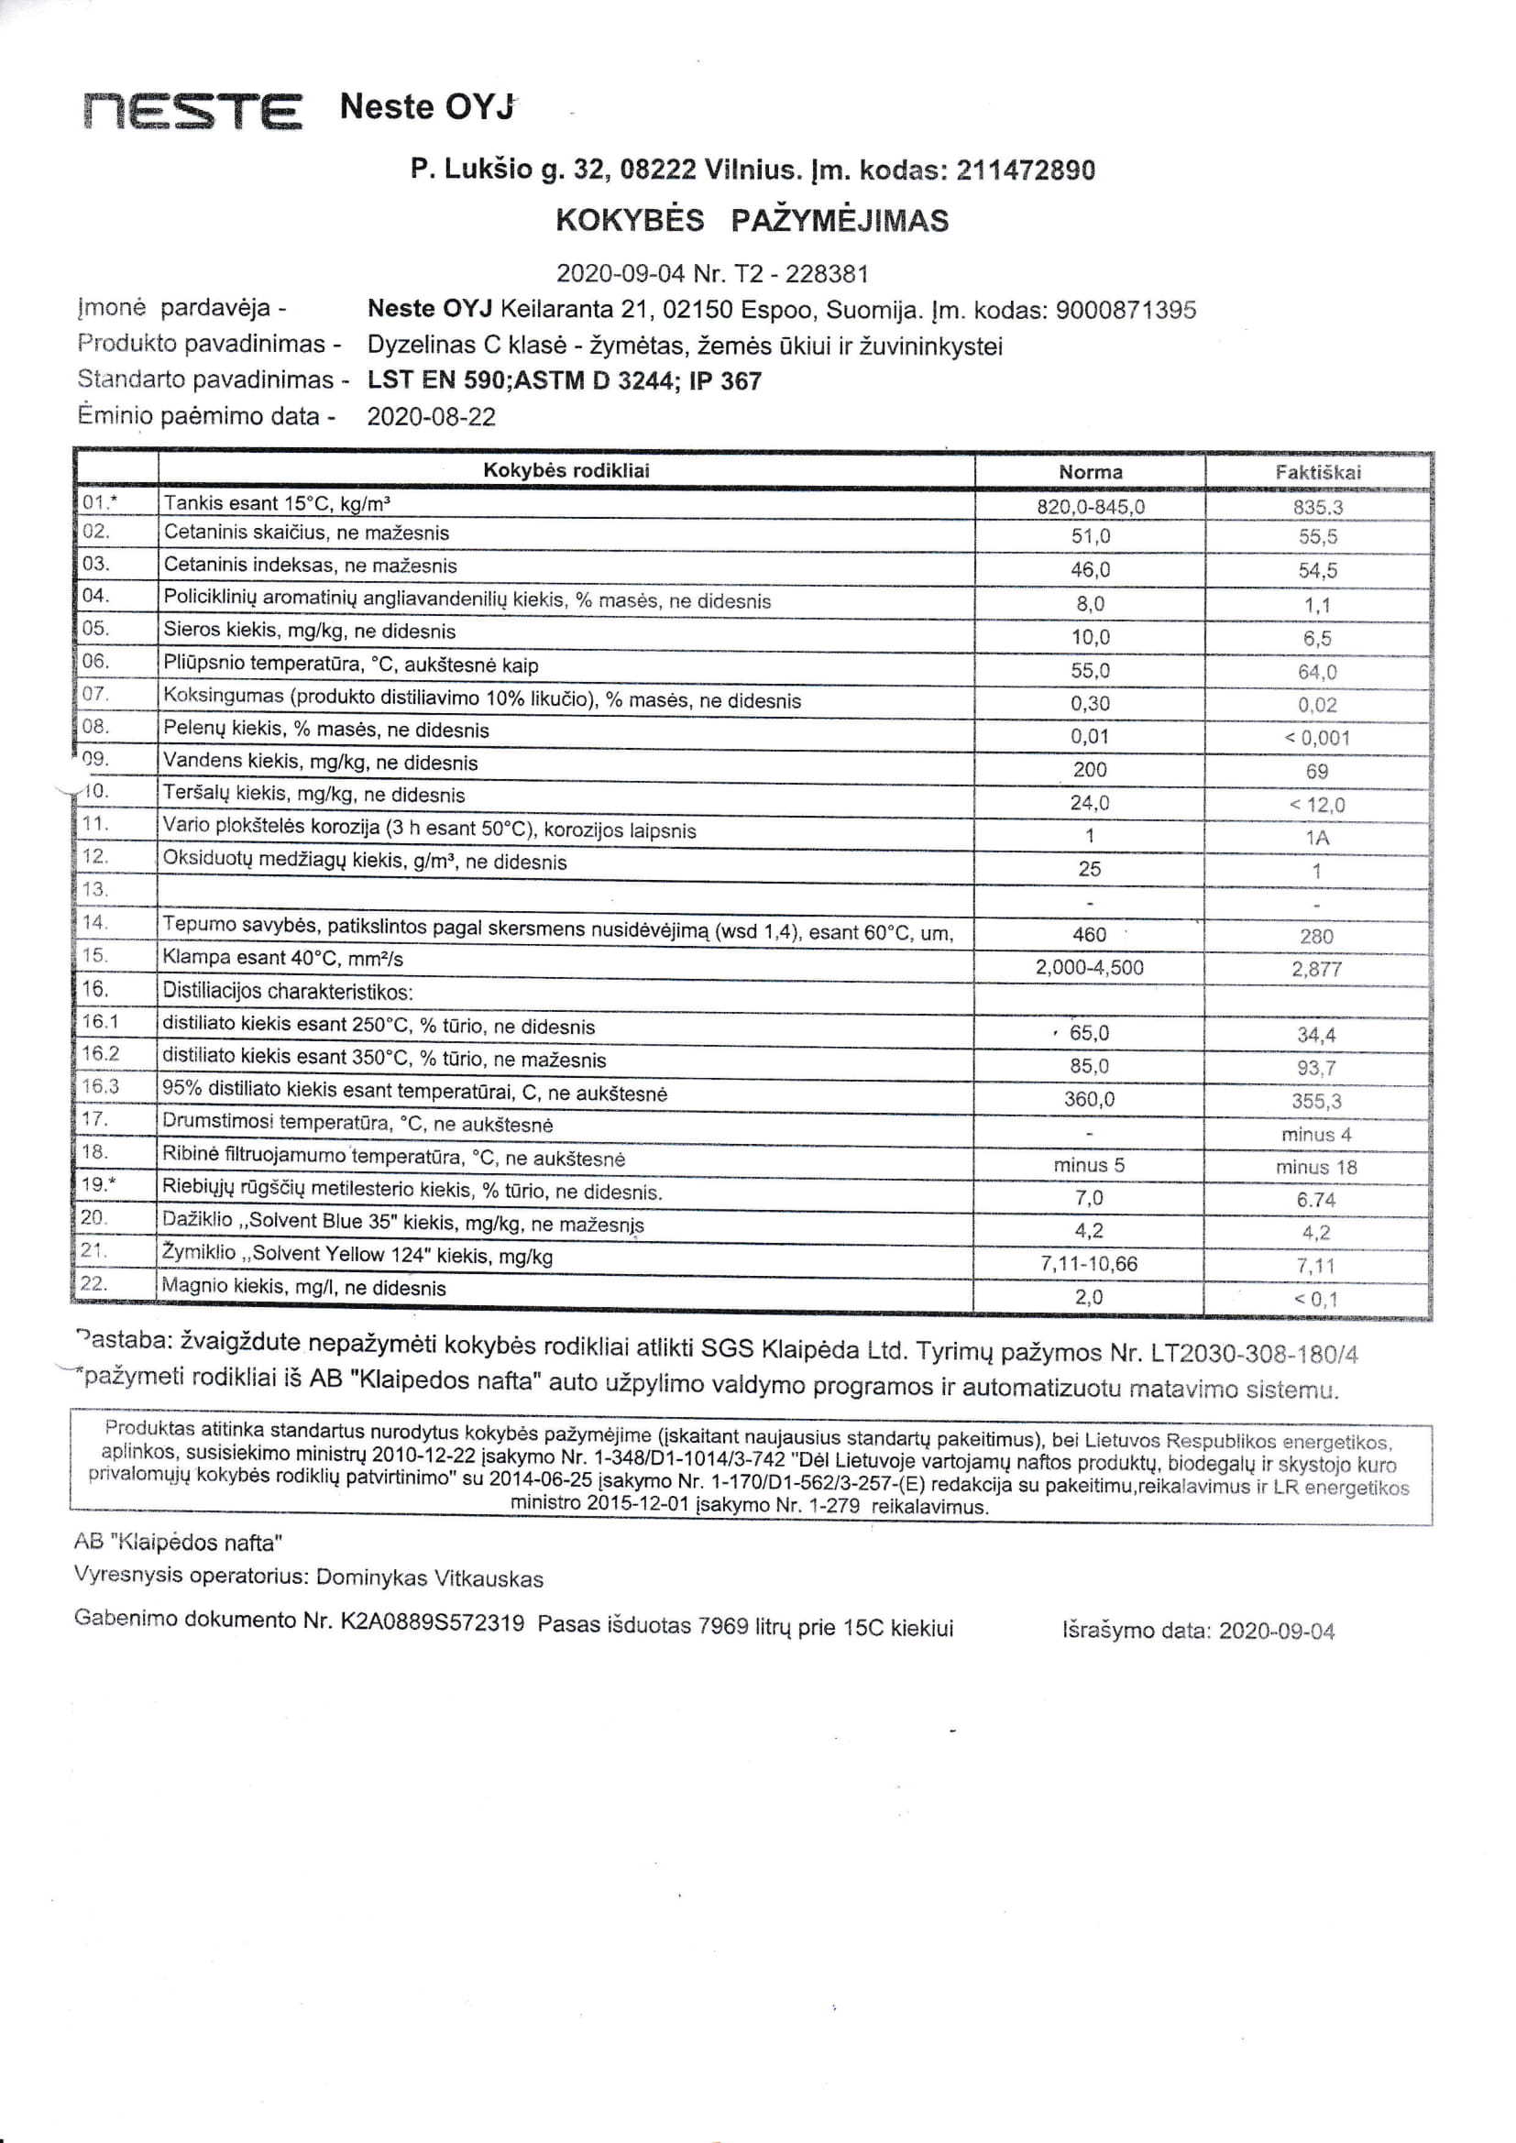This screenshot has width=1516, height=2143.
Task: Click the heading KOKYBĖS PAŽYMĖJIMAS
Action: pyautogui.click(x=752, y=221)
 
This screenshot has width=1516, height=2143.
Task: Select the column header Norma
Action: pyautogui.click(x=1090, y=472)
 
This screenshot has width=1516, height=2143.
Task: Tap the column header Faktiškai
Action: pyautogui.click(x=1317, y=472)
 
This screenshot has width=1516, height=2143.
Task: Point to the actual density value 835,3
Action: pyautogui.click(x=1317, y=508)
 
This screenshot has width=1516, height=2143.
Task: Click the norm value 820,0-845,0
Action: pyautogui.click(x=1091, y=507)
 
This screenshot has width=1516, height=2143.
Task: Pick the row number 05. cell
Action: pyautogui.click(x=96, y=628)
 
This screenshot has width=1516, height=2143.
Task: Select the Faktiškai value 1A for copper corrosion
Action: pyautogui.click(x=1317, y=838)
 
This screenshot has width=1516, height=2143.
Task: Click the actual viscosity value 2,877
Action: pyautogui.click(x=1316, y=969)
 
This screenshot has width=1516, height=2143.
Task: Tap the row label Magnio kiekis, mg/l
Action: pyautogui.click(x=303, y=1288)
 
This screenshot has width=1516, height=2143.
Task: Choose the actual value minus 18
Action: pyautogui.click(x=1316, y=1168)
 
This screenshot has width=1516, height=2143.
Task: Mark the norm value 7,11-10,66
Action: pyautogui.click(x=1089, y=1264)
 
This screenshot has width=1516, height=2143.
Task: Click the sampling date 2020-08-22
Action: pyautogui.click(x=431, y=417)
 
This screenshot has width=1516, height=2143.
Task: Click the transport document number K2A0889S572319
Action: pyautogui.click(x=433, y=1622)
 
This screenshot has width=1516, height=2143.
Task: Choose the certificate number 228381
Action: pyautogui.click(x=826, y=274)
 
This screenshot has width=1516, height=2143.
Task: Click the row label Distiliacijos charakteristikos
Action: pyautogui.click(x=288, y=991)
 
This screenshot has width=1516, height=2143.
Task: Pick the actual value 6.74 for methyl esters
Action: pyautogui.click(x=1316, y=1201)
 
